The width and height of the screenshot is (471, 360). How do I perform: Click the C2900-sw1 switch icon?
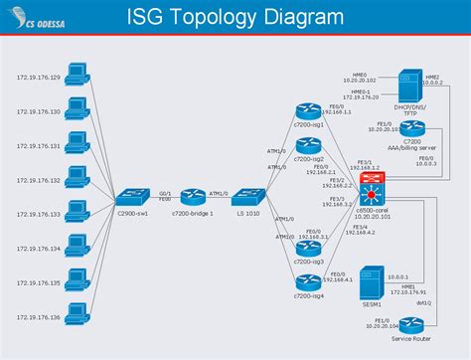[132, 197]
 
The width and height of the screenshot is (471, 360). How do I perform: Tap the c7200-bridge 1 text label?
[192, 213]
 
